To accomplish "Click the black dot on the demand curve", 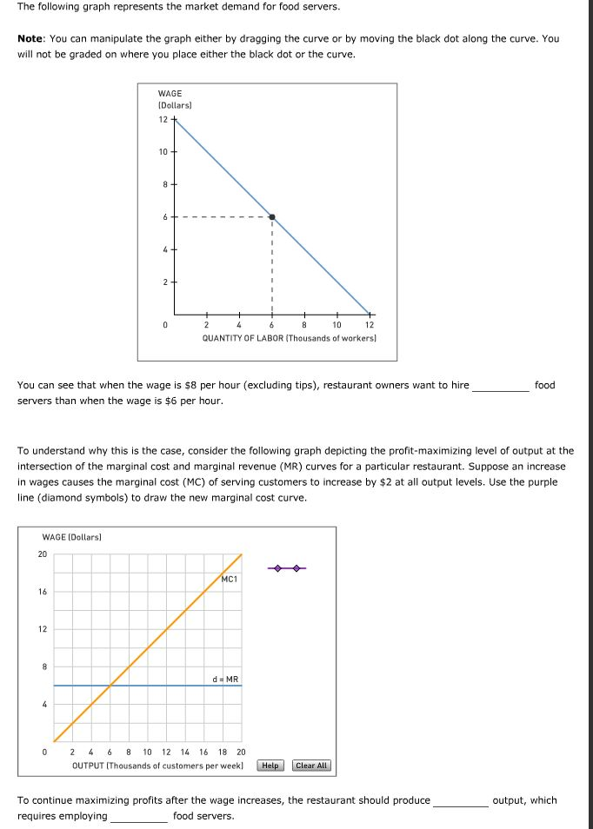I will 272,217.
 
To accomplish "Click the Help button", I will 270,766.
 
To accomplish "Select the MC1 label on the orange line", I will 230,579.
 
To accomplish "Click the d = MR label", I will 225,678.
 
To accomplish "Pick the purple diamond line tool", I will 286,569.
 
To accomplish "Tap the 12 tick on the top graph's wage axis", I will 163,120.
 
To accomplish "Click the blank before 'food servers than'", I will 500,386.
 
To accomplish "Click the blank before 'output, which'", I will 460,801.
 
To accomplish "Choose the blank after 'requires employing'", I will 138,817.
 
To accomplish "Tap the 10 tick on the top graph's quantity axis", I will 336,325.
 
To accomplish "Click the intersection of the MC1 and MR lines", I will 110,686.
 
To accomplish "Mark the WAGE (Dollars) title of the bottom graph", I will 71,538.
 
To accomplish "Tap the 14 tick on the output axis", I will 184,753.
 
